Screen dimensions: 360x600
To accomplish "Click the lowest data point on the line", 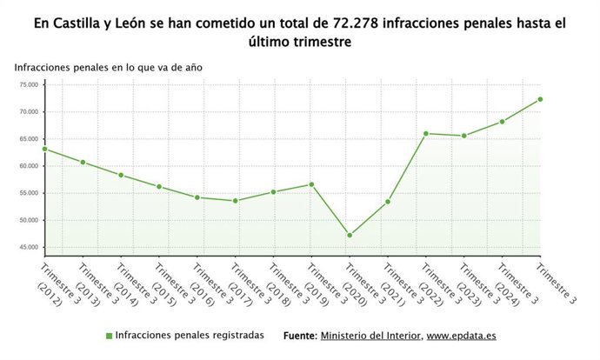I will point(350,236).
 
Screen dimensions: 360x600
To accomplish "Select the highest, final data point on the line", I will point(540,99).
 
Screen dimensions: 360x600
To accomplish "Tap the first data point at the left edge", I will point(45,149).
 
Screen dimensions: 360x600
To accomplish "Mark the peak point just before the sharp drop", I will point(311,184).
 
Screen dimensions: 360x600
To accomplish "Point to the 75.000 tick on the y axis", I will point(29,85).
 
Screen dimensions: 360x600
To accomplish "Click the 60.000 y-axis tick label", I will point(29,166).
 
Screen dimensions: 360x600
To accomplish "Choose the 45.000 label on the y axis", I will point(29,247).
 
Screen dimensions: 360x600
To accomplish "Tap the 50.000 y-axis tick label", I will point(29,220).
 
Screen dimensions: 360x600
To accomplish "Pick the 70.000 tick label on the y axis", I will point(29,112).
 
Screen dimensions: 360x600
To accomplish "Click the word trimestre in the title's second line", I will point(318,43).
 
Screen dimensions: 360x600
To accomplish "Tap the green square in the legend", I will point(109,336).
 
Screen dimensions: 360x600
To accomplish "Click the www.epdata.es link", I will point(462,336).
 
